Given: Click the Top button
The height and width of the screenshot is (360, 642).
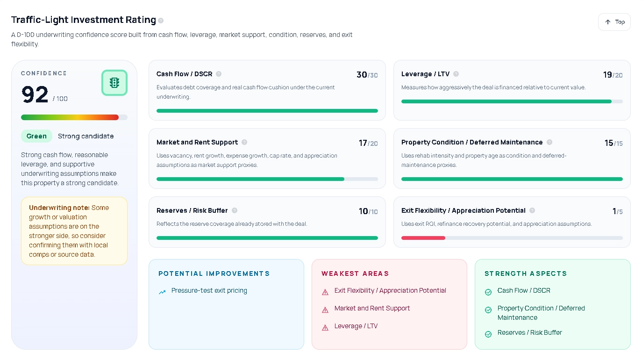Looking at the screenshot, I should pyautogui.click(x=614, y=22).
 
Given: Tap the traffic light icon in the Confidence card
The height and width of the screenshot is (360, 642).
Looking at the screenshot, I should pyautogui.click(x=114, y=83).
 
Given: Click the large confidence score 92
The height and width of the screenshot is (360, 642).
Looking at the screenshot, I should pyautogui.click(x=35, y=95).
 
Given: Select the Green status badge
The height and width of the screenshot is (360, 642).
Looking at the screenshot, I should pyautogui.click(x=36, y=136).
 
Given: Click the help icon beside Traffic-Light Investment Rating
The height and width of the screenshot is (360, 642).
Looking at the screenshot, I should pyautogui.click(x=161, y=21).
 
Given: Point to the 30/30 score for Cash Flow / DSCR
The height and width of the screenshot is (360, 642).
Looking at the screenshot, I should pyautogui.click(x=367, y=75).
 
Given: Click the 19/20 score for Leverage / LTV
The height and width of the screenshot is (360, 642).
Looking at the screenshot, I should pyautogui.click(x=612, y=75).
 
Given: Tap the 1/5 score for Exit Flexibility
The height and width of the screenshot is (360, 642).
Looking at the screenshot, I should pyautogui.click(x=617, y=211).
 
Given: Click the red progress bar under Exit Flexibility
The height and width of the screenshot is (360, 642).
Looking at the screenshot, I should pyautogui.click(x=423, y=238).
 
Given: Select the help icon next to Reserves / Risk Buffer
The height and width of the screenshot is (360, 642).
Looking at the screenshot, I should pyautogui.click(x=235, y=210).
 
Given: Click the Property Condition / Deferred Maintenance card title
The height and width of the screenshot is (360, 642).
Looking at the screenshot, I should pyautogui.click(x=472, y=142).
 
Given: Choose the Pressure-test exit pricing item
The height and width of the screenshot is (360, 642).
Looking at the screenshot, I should pyautogui.click(x=209, y=290).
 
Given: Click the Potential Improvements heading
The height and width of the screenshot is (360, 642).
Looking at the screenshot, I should pyautogui.click(x=214, y=274).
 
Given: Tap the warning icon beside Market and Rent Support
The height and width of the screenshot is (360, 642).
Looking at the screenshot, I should pyautogui.click(x=325, y=310).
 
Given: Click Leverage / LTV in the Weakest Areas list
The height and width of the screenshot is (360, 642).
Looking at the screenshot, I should pyautogui.click(x=356, y=326).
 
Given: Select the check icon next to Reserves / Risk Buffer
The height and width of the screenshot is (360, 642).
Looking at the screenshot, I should pyautogui.click(x=488, y=334).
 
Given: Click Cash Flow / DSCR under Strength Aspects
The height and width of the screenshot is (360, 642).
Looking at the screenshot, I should pyautogui.click(x=524, y=290).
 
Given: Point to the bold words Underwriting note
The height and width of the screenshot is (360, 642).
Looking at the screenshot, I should pyautogui.click(x=59, y=208).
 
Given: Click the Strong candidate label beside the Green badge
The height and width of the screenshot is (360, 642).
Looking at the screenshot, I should pyautogui.click(x=86, y=136).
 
